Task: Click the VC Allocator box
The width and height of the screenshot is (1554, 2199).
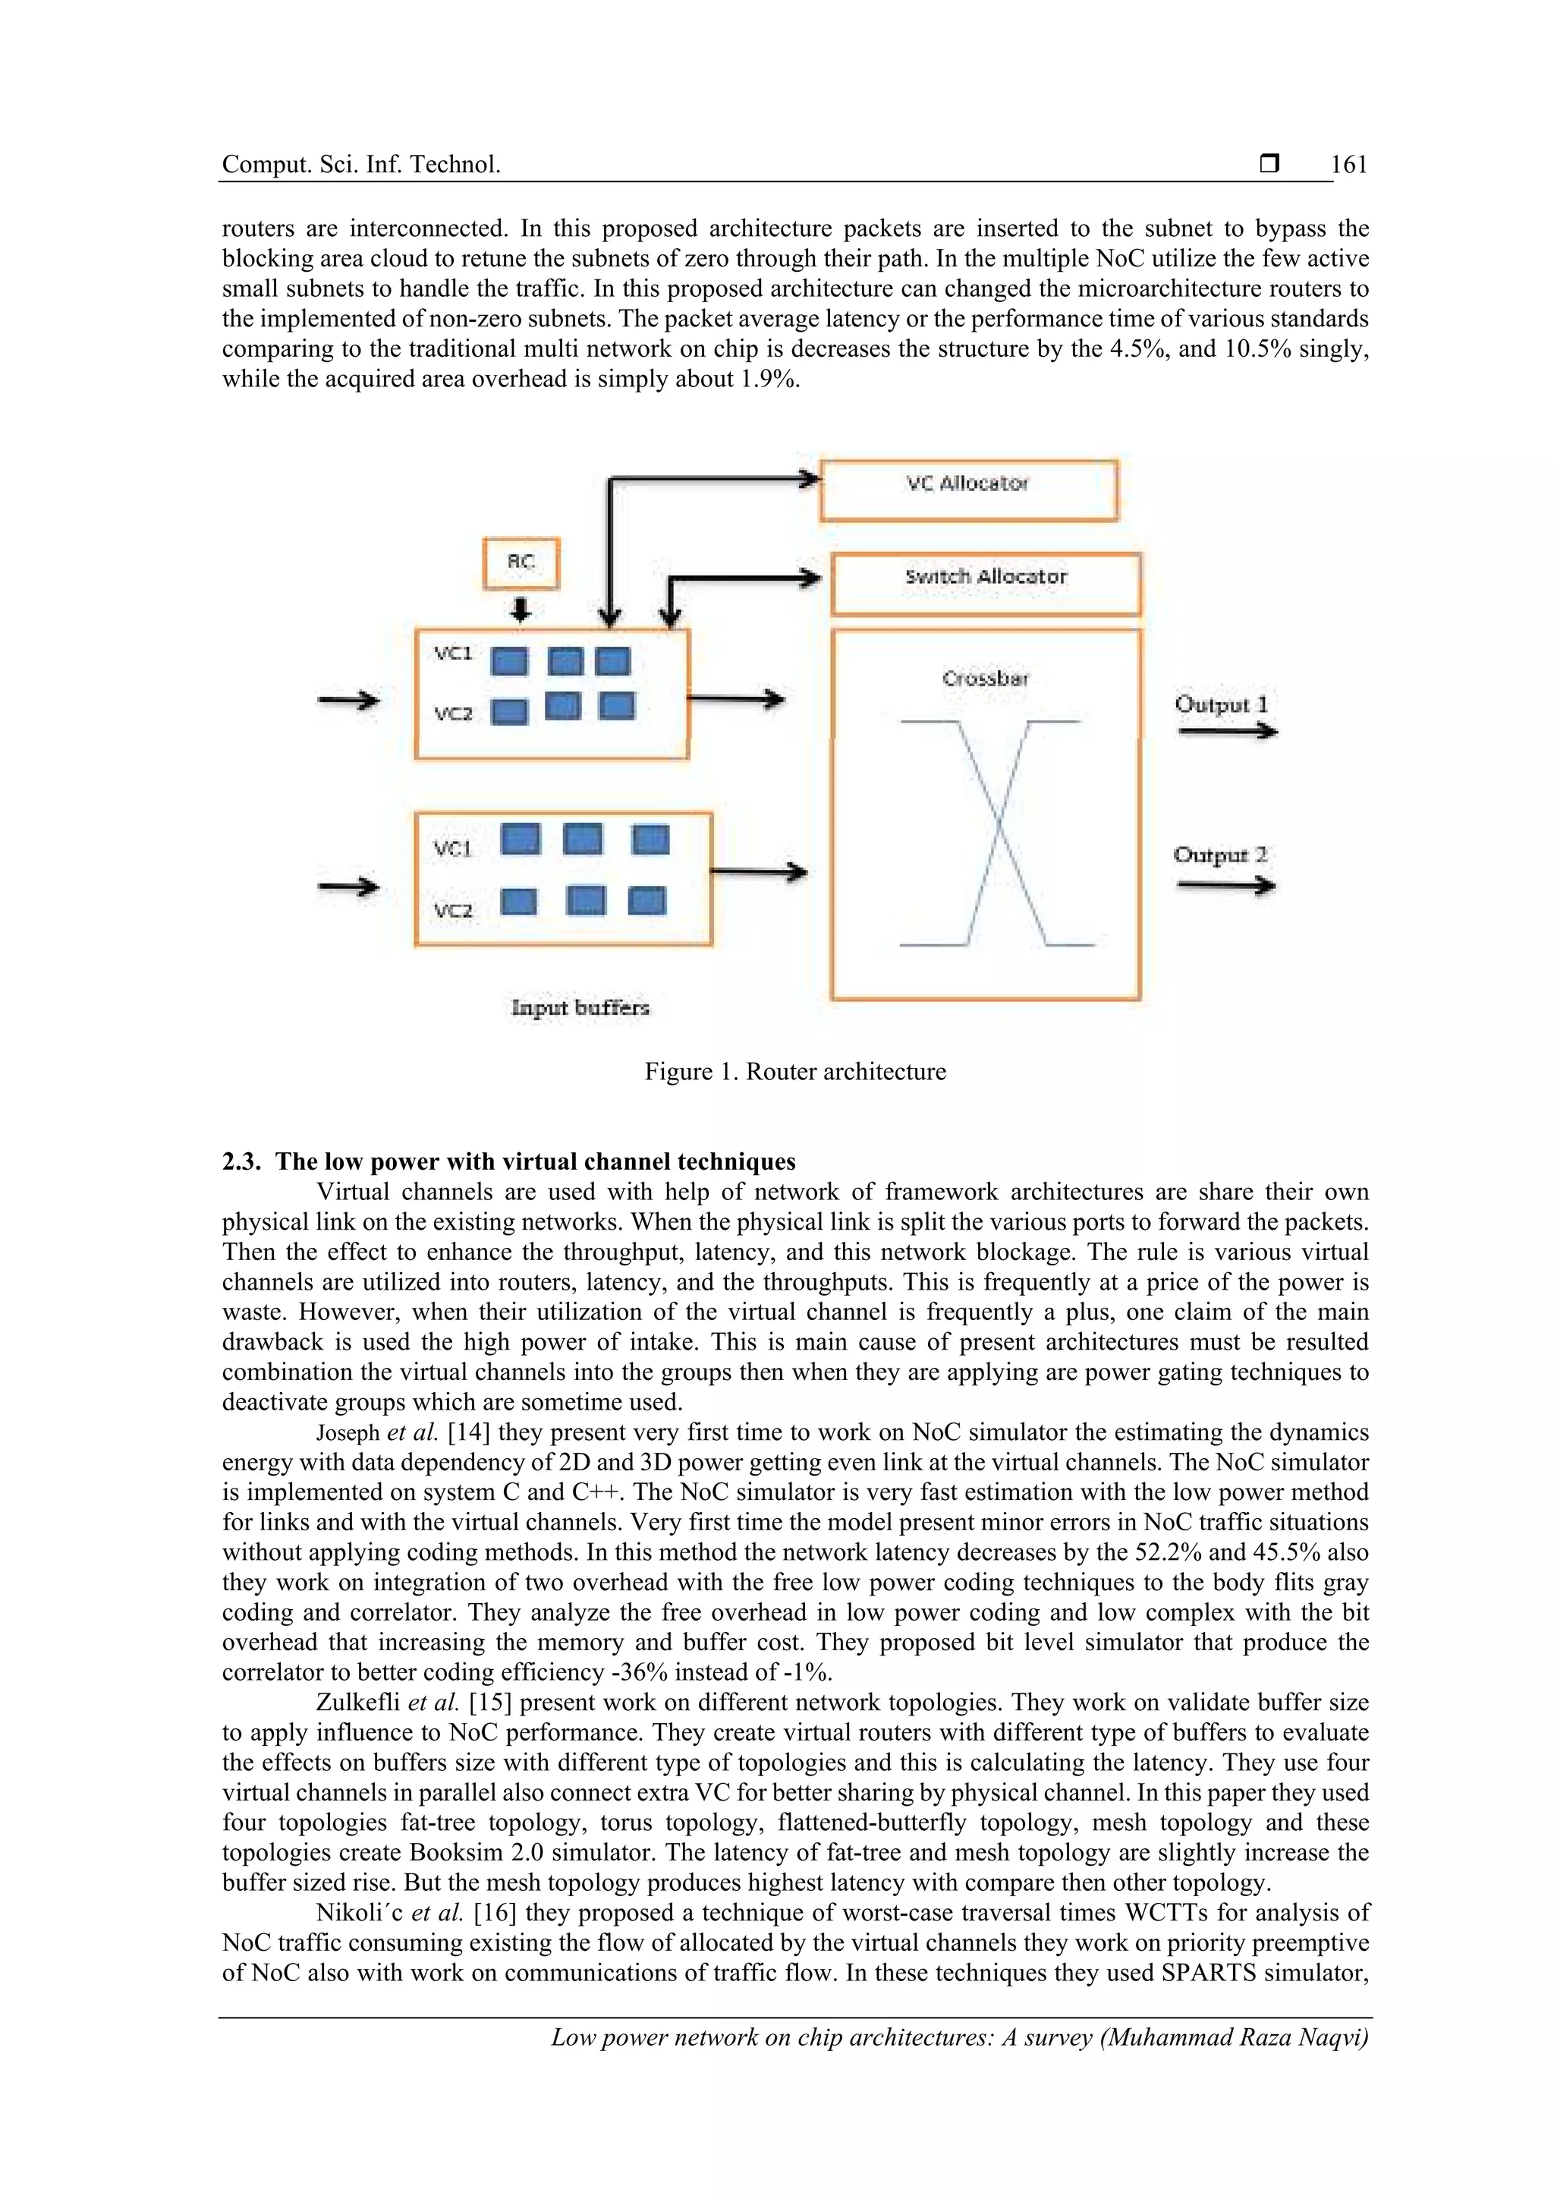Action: coord(968,490)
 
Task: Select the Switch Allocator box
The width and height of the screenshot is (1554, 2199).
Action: coord(985,583)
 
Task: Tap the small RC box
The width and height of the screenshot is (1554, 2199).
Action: coord(520,563)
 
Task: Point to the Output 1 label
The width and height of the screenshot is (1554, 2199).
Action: coord(1221,704)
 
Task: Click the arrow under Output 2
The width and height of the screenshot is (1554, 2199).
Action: coord(1225,886)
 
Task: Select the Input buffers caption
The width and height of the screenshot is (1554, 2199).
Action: coord(580,1007)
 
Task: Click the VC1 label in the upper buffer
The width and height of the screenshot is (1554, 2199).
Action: coord(453,654)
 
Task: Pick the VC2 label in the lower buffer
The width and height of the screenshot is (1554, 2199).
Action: coord(453,910)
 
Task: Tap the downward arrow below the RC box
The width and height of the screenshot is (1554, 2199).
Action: coord(520,609)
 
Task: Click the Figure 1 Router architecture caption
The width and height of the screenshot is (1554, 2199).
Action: coord(794,1072)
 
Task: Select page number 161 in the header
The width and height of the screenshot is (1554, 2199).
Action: coord(1349,165)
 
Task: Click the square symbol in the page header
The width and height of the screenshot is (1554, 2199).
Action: coord(1269,164)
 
